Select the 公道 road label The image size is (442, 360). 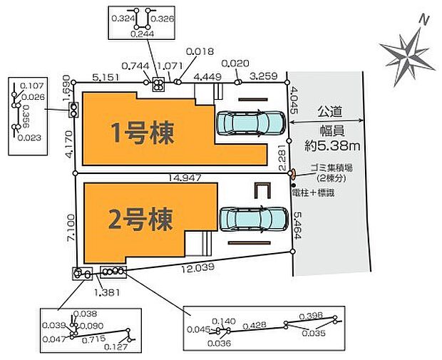(x=329, y=110)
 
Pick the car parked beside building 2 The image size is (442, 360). (x=254, y=220)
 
